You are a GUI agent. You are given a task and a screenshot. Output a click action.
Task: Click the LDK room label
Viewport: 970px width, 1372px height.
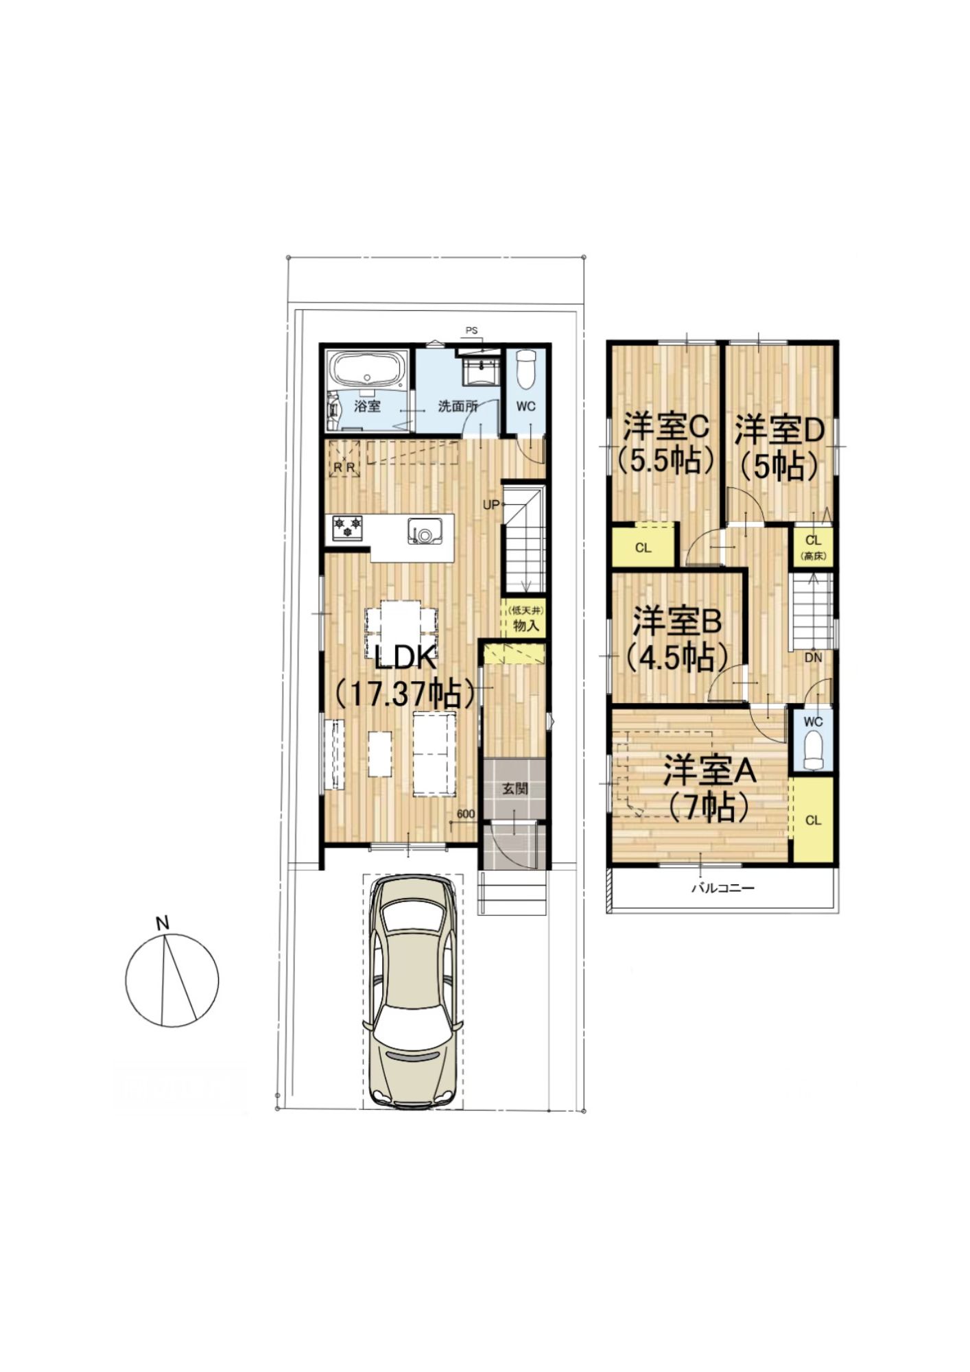point(405,659)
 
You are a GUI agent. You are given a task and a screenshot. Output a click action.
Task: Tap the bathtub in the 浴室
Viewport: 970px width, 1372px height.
point(368,371)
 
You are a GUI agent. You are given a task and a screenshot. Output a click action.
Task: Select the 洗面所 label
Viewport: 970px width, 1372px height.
point(458,405)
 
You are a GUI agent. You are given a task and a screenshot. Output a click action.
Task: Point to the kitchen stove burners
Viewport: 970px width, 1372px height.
point(347,528)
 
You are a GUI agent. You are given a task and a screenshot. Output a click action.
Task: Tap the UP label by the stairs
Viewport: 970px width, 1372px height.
point(491,505)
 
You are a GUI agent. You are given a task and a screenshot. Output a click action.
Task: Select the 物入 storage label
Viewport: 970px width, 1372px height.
point(525,626)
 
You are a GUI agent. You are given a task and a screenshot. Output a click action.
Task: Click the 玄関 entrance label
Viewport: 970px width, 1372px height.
point(515,789)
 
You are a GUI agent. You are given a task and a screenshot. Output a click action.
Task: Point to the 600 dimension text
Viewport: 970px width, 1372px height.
point(466,814)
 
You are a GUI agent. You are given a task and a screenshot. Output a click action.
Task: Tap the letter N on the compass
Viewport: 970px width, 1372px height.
point(163,923)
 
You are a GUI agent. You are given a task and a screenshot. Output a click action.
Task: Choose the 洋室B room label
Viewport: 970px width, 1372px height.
point(676,622)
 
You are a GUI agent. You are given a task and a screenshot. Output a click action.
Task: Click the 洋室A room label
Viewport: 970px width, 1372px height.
point(709,771)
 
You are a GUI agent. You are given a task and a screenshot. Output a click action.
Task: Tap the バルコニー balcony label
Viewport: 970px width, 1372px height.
point(722,888)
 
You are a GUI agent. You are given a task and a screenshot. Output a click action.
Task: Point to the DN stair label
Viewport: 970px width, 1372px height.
point(813,657)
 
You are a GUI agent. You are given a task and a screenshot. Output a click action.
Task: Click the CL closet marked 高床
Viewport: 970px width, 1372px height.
point(814,546)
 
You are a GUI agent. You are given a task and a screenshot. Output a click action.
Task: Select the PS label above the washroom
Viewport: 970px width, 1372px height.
point(471,331)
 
